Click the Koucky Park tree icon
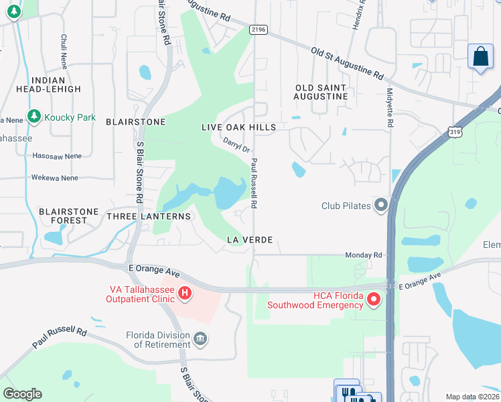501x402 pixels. [x=33, y=117]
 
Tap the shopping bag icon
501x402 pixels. [x=481, y=56]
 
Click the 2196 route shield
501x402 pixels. [x=258, y=29]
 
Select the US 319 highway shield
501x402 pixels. [x=454, y=133]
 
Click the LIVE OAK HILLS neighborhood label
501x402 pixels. [x=238, y=127]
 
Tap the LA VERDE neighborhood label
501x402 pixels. [x=250, y=239]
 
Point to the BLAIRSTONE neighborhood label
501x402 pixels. [x=135, y=121]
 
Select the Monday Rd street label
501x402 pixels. [x=363, y=255]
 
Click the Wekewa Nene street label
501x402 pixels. [x=54, y=178]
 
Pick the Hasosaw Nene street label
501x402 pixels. [x=57, y=155]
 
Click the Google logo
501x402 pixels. [x=22, y=393]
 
